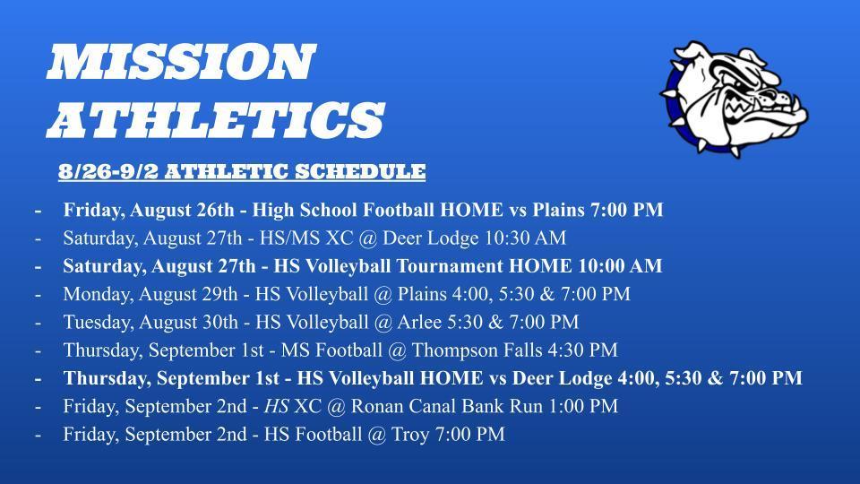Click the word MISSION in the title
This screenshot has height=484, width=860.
tap(182, 62)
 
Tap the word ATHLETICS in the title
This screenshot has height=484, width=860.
tap(216, 119)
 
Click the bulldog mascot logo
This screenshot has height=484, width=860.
tap(734, 99)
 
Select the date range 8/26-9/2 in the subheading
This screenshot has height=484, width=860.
tap(108, 171)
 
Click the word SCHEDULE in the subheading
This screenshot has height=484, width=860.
tap(360, 171)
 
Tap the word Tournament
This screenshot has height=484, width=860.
tap(451, 266)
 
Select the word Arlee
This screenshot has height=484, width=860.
tap(419, 322)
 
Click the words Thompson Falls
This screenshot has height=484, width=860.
tap(477, 350)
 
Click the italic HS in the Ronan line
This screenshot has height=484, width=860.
tap(277, 406)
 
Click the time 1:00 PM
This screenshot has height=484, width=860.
tap(583, 406)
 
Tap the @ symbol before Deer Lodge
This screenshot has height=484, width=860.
tap(367, 238)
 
